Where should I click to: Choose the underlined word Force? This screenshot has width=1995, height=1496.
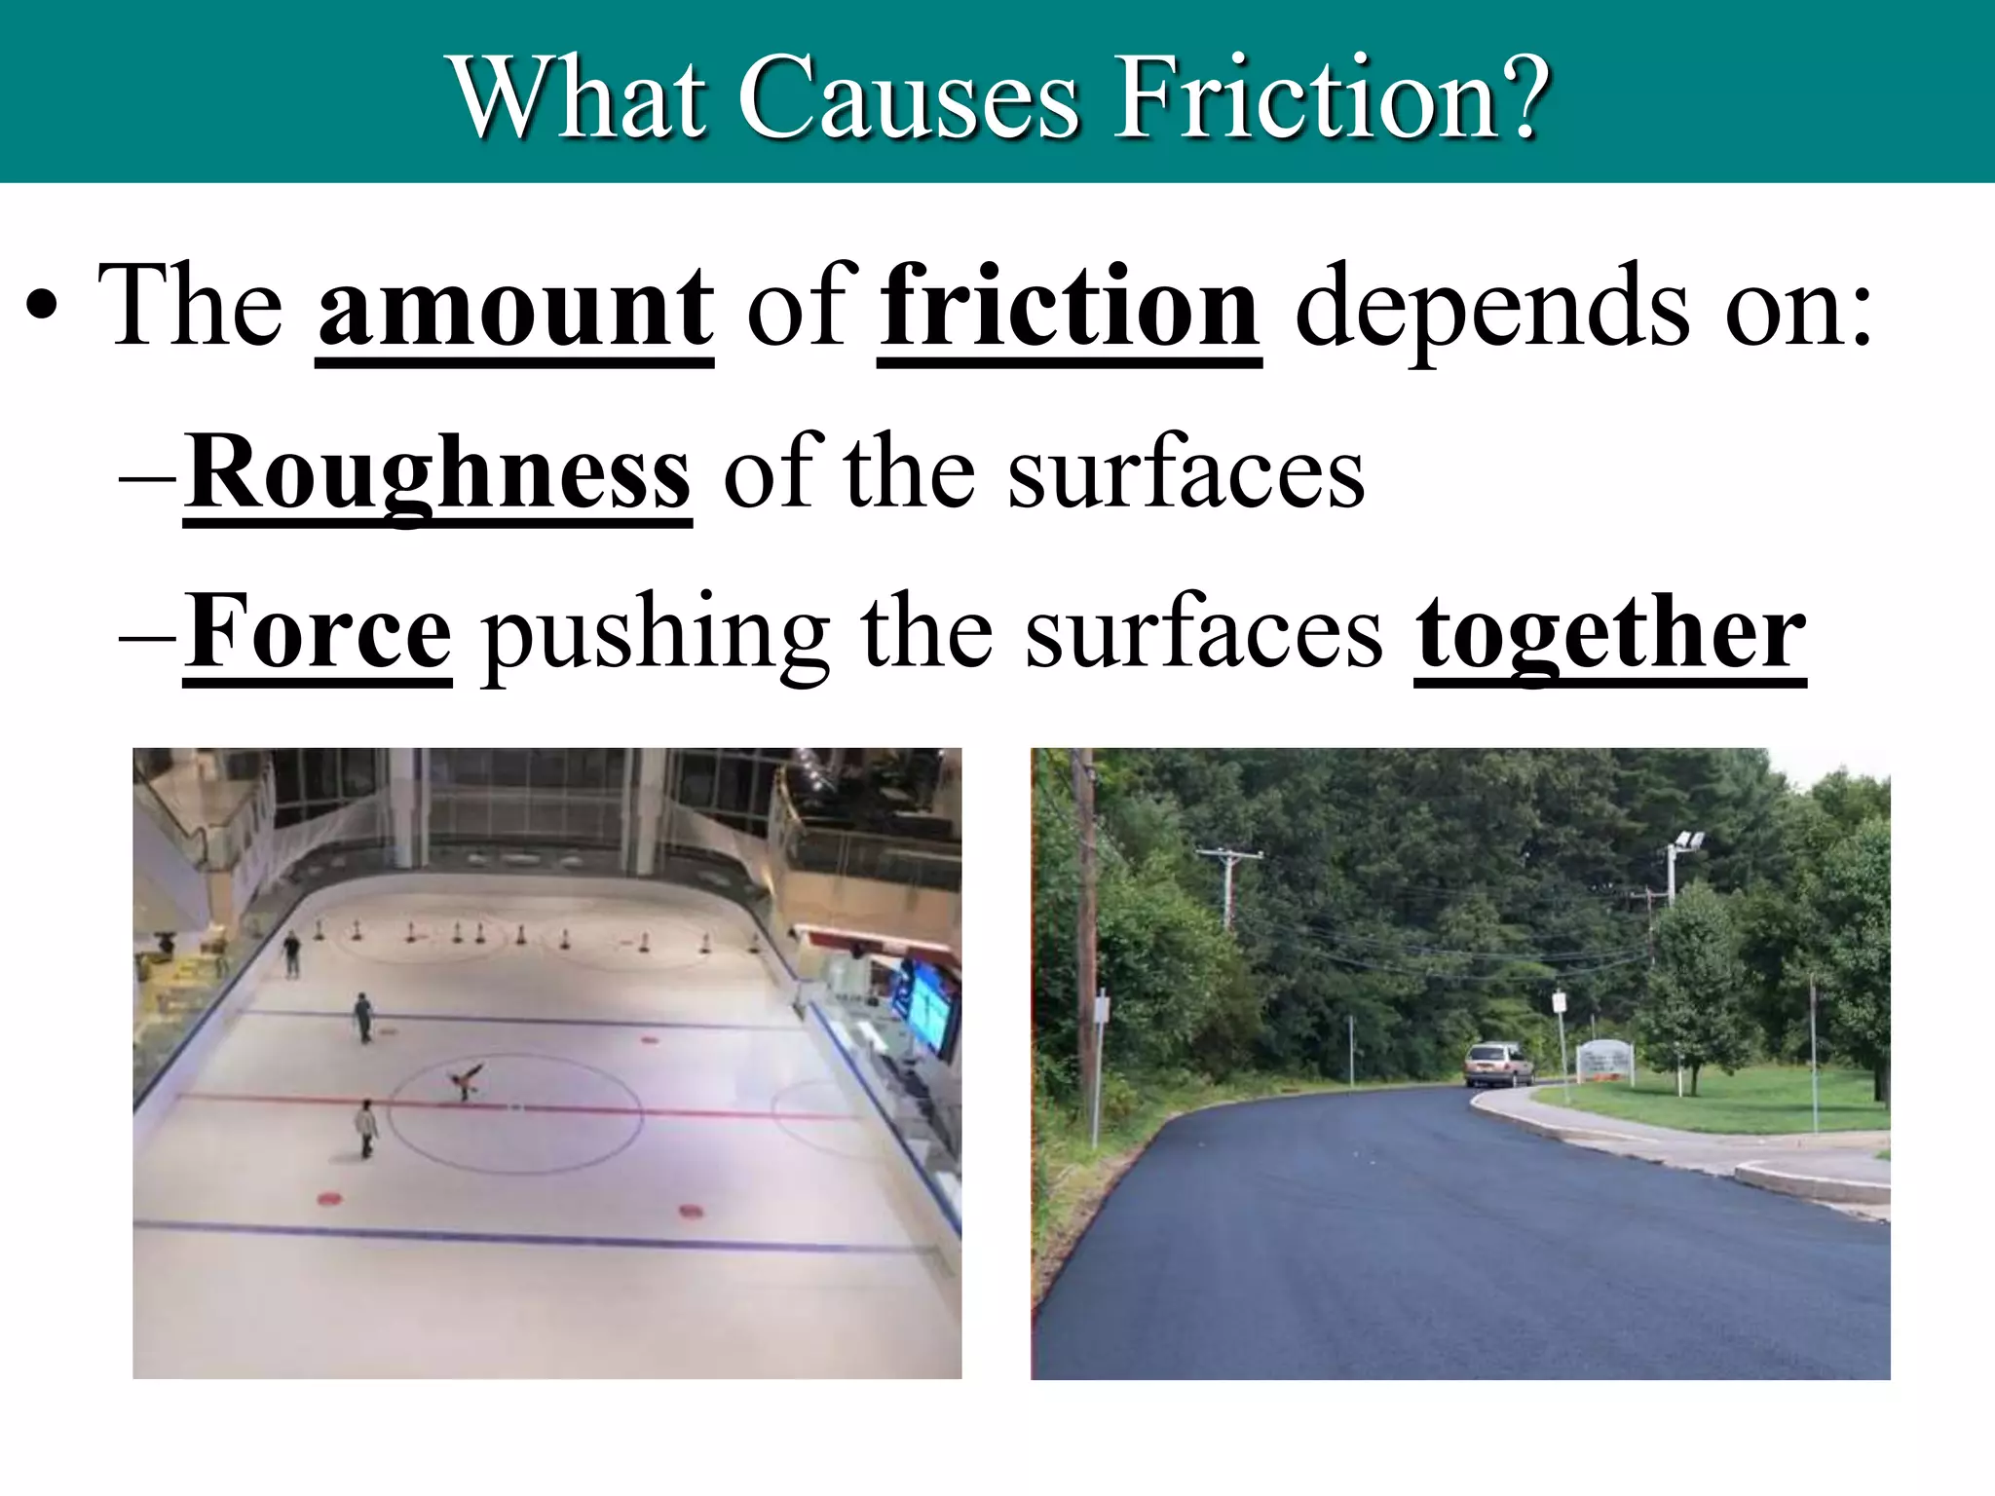[319, 634]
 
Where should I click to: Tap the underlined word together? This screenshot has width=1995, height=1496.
[1610, 634]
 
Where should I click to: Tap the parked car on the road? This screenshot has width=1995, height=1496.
[1497, 1064]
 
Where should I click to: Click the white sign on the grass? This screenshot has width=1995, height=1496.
[1606, 1061]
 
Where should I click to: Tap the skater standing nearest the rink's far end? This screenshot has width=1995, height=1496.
[291, 954]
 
